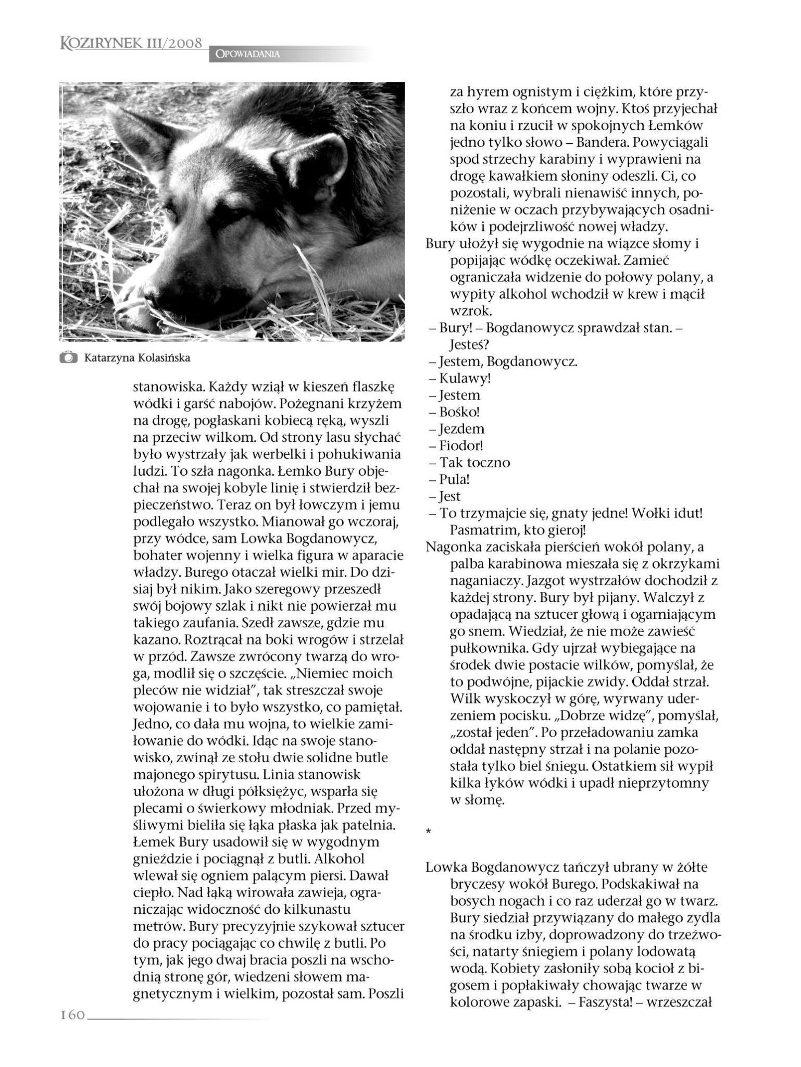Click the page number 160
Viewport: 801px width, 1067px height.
[72, 1015]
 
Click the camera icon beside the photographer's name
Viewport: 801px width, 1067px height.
[67, 358]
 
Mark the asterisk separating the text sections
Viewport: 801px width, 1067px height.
[428, 833]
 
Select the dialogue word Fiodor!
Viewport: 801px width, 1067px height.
[461, 446]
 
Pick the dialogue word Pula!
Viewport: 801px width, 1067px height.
[455, 479]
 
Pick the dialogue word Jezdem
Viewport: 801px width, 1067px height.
[462, 429]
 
